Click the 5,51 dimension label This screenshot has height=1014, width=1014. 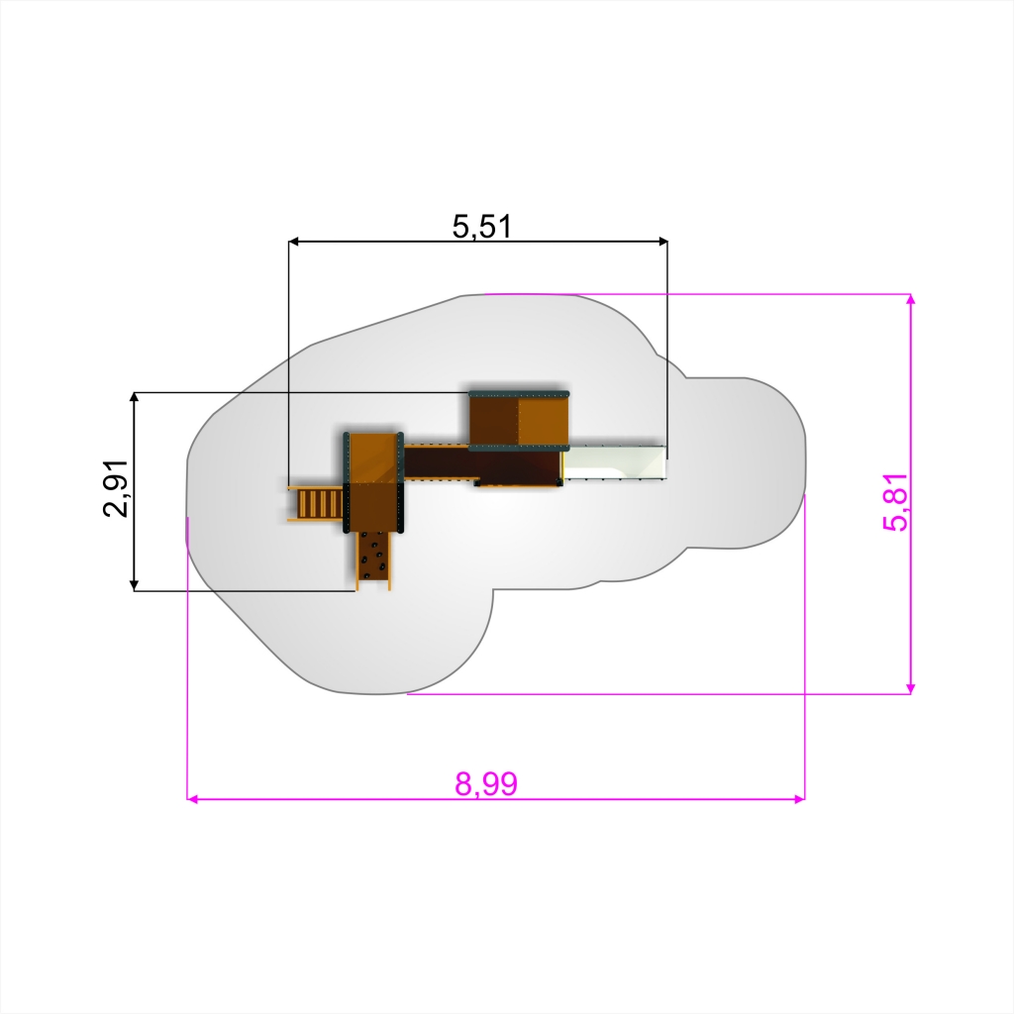pyautogui.click(x=482, y=227)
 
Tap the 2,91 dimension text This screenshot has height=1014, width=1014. pyautogui.click(x=116, y=489)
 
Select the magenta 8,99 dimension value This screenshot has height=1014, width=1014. pyautogui.click(x=486, y=784)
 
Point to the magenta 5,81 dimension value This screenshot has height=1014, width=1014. pyautogui.click(x=895, y=502)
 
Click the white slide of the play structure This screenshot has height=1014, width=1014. pyautogui.click(x=615, y=462)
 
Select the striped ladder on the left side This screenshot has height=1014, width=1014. pyautogui.click(x=316, y=503)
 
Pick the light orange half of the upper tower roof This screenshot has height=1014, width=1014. pyautogui.click(x=544, y=422)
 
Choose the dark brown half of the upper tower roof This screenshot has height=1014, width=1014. pyautogui.click(x=494, y=422)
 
